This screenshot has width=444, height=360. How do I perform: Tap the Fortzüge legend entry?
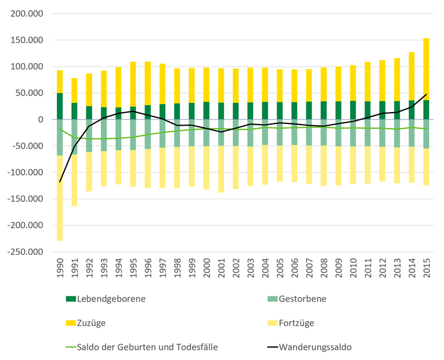(x=297, y=323)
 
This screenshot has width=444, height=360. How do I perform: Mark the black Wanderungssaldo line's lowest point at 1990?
(x=60, y=182)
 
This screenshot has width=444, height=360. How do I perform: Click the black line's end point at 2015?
(x=426, y=94)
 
